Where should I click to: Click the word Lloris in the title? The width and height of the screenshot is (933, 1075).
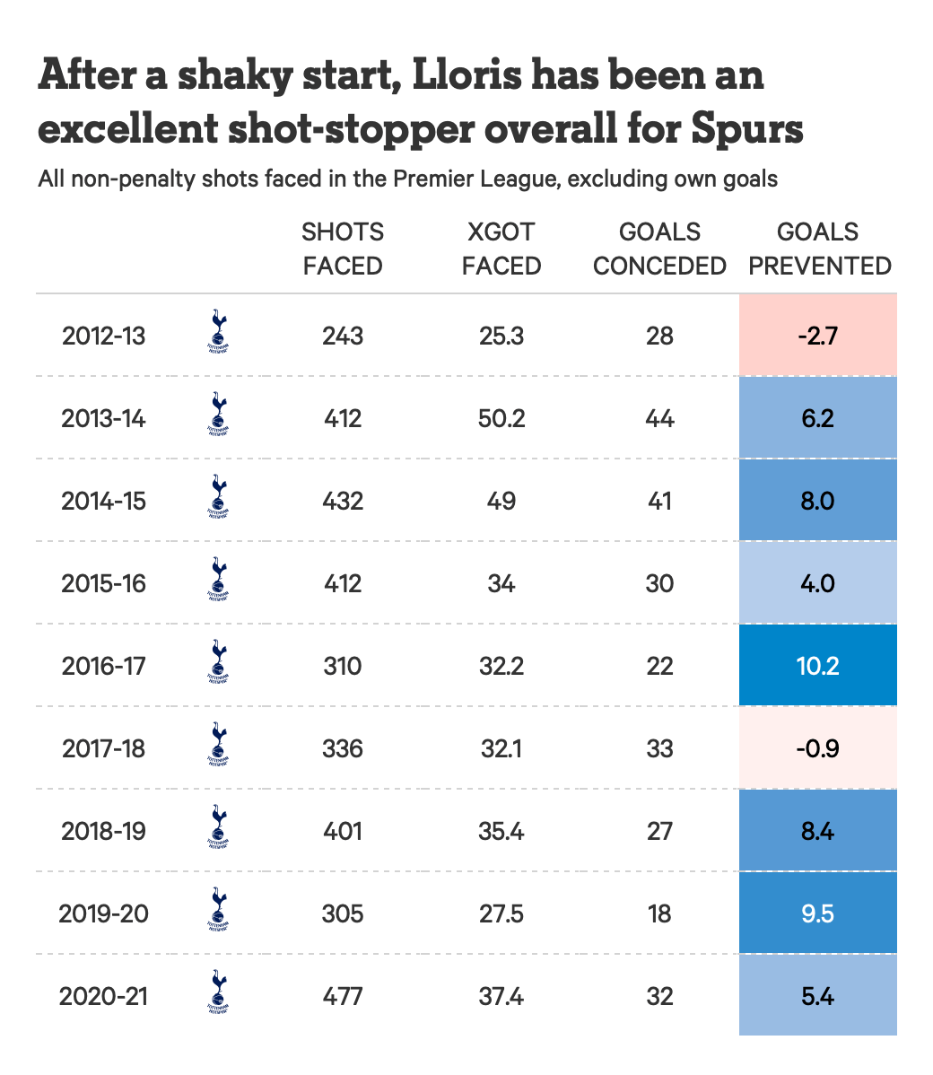466,75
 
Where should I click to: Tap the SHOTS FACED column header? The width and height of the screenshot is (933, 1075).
343,249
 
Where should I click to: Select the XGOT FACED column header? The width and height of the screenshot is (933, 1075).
501,249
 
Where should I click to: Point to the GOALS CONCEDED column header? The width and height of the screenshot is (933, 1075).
659,249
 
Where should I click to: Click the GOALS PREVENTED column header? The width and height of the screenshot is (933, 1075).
819,249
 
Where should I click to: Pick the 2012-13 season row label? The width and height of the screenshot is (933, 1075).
103,336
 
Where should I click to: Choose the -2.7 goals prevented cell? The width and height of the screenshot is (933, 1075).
817,336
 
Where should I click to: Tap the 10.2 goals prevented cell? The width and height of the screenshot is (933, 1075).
817,666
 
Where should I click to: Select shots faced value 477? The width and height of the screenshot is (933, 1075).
343,996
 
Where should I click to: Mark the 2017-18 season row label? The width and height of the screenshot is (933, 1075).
103,748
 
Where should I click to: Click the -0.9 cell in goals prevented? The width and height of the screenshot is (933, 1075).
817,748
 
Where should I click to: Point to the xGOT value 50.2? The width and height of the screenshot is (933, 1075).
501,418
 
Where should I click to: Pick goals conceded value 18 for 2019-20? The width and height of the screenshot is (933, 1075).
659,913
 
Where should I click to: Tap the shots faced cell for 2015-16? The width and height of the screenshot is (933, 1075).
343,583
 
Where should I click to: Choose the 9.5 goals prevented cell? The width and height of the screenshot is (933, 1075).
817,913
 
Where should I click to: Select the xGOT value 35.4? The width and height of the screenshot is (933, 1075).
501,831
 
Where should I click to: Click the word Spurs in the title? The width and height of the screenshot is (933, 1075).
747,129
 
